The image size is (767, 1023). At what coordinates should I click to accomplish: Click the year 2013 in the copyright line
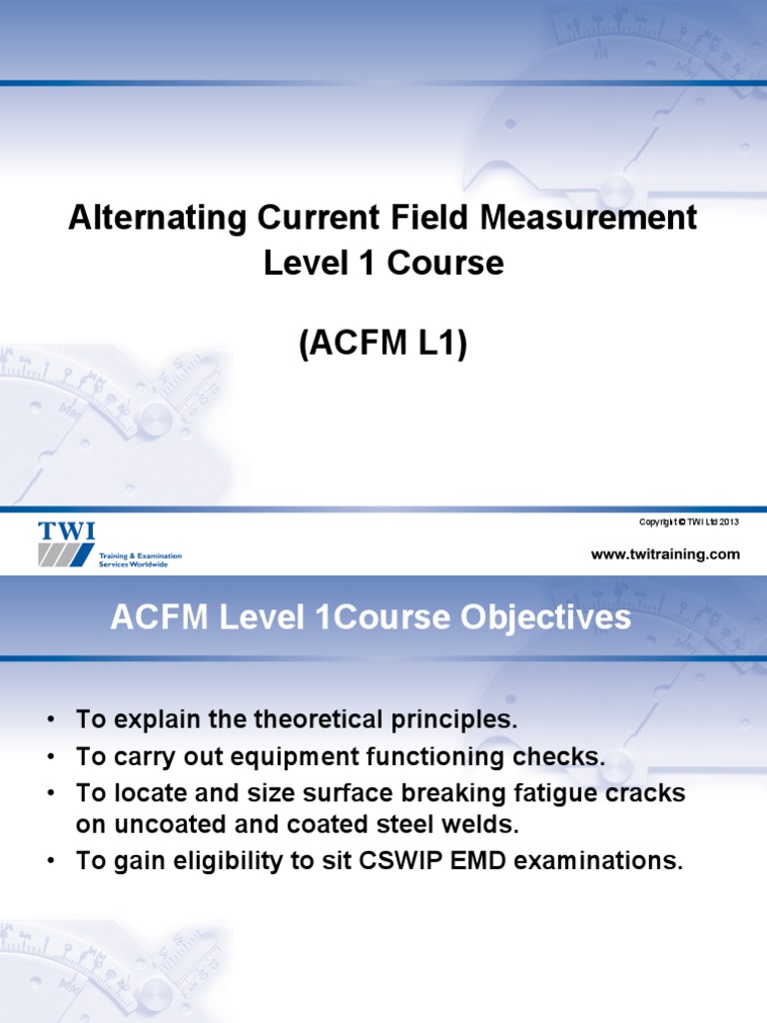tap(726, 521)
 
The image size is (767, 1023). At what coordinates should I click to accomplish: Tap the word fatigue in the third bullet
tap(511, 794)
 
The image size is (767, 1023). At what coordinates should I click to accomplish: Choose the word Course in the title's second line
tap(453, 263)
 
